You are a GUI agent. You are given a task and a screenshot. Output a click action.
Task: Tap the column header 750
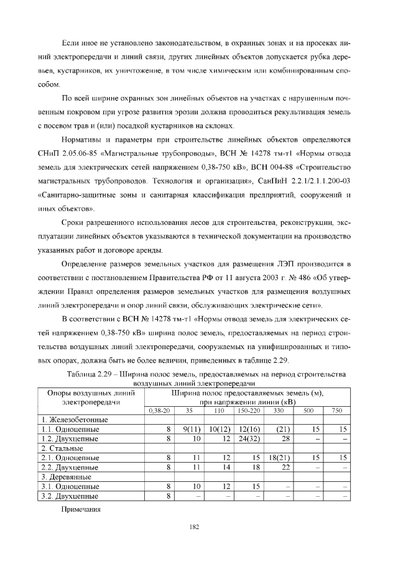[x=336, y=410]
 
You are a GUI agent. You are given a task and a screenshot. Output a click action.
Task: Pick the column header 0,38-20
[x=159, y=410]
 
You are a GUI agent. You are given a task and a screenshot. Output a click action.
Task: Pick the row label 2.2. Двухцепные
[x=70, y=466]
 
